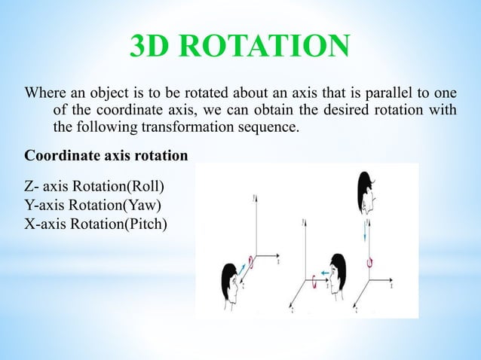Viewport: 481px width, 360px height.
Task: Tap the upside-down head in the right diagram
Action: point(366,194)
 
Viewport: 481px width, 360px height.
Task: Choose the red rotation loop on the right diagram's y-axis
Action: point(369,262)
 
